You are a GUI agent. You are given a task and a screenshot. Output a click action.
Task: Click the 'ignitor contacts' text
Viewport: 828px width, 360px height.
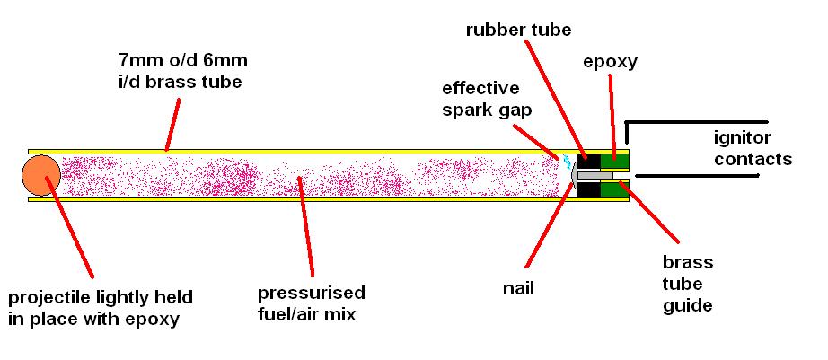(x=752, y=149)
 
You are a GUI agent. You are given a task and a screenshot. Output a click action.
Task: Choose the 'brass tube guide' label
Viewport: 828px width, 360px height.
(x=687, y=283)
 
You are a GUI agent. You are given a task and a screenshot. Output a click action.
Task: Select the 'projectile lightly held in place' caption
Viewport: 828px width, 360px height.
(x=100, y=306)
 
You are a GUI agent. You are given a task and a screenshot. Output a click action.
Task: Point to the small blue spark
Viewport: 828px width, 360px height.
(x=566, y=162)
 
